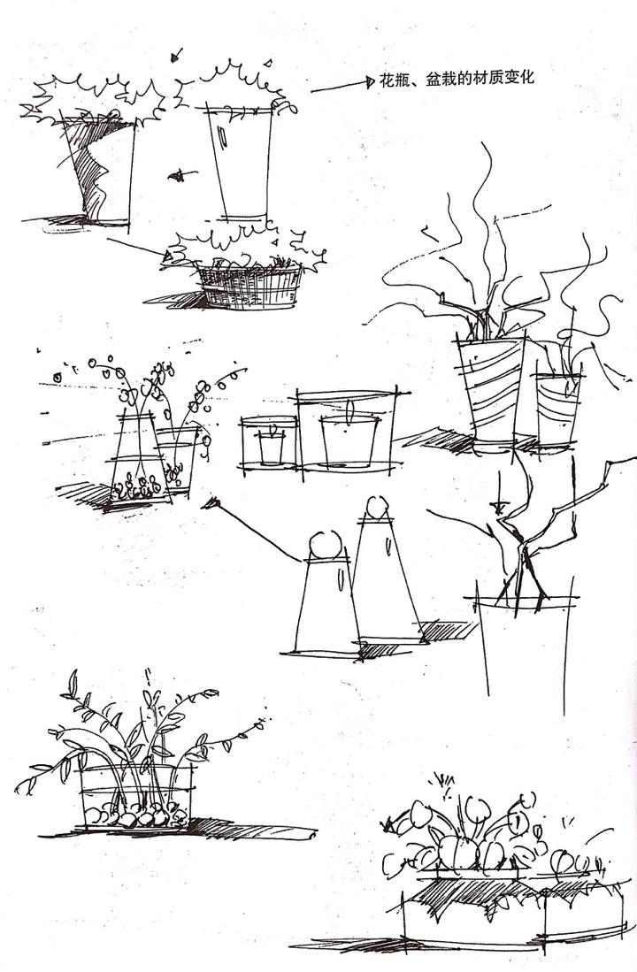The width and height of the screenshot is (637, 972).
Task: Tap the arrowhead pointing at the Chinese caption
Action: pos(371,81)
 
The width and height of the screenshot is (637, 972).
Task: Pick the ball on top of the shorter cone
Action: pos(325,546)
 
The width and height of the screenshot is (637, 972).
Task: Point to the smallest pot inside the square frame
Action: pos(271,448)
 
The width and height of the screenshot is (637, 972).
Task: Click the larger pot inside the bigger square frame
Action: pos(349,440)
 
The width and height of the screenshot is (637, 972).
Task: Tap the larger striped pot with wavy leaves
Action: pos(490,390)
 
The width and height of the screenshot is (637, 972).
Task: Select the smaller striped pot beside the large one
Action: pos(557,408)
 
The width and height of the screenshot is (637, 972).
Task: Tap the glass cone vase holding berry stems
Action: pos(140,460)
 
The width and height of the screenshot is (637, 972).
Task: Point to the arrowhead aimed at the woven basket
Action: pos(169,255)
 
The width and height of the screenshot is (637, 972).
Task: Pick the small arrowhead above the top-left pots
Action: pos(176,56)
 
